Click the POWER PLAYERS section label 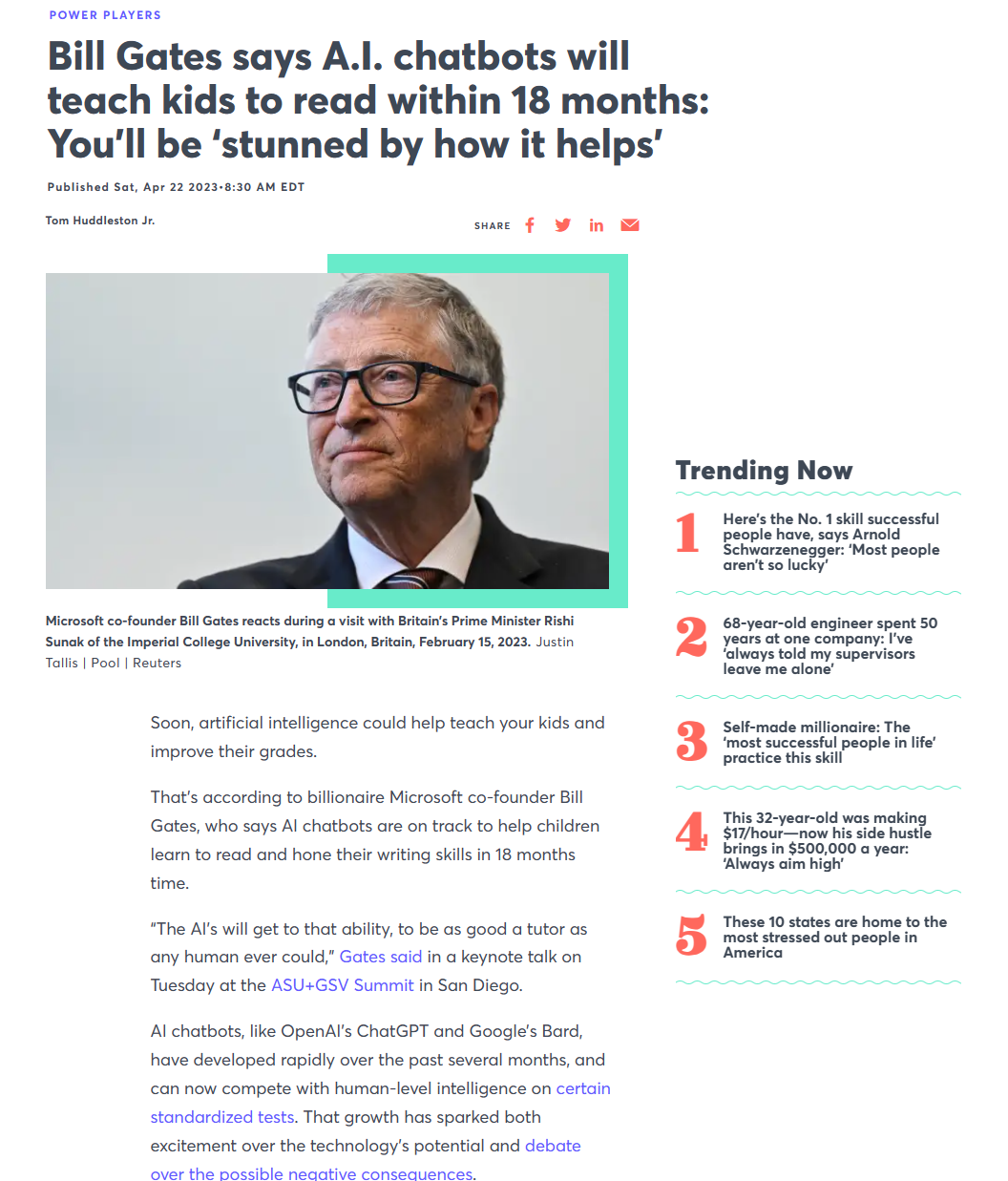[x=105, y=15]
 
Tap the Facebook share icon [x=530, y=225]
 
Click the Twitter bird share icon [x=563, y=225]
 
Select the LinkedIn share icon [x=597, y=225]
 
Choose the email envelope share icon [x=630, y=225]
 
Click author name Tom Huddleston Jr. [x=100, y=221]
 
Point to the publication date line [x=176, y=187]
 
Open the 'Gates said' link [x=380, y=957]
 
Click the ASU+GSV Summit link [x=343, y=985]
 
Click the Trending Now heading [x=764, y=471]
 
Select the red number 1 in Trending [x=687, y=533]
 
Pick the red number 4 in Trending [x=691, y=832]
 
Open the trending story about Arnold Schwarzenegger [x=830, y=542]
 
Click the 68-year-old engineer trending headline [x=829, y=646]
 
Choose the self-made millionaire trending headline [x=829, y=743]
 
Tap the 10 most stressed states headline [x=834, y=937]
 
